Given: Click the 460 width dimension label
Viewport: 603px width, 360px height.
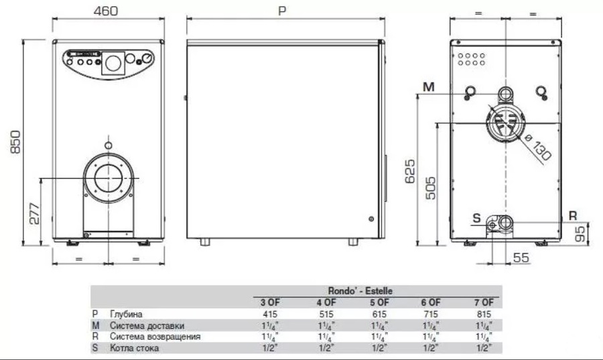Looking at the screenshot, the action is tap(106, 11).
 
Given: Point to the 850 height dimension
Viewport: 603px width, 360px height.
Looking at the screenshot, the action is tap(15, 142).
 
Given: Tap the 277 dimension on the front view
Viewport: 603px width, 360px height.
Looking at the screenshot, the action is tap(34, 213).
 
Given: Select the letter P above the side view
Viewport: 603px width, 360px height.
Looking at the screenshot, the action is tap(282, 11).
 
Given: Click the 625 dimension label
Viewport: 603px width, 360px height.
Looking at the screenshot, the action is tap(410, 171).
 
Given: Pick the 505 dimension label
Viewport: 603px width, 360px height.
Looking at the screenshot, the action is tap(431, 188).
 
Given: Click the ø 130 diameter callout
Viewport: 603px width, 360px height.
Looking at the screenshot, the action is tap(537, 147).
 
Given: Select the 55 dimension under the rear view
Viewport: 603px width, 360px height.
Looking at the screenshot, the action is tap(521, 257).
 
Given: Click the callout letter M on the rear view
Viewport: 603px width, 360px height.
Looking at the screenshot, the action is tap(428, 87).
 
